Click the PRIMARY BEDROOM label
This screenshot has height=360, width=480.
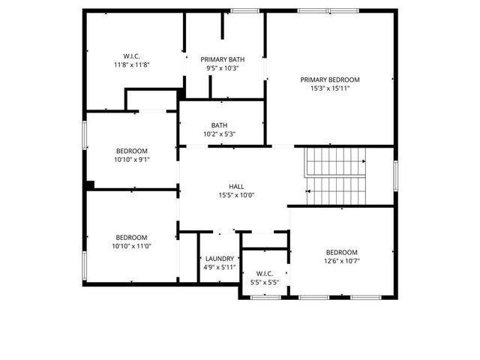[x=330, y=79]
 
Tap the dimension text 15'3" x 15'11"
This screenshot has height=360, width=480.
[x=330, y=88]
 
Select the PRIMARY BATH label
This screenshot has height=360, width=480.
[x=221, y=59]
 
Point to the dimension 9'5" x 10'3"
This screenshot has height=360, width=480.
[x=221, y=68]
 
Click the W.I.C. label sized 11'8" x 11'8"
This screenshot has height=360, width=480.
[x=132, y=55]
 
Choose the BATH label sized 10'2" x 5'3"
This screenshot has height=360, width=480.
[x=219, y=125]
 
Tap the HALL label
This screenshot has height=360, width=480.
[x=236, y=187]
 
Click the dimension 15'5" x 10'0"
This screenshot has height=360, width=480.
[x=236, y=196]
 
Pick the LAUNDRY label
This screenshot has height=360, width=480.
[x=220, y=259]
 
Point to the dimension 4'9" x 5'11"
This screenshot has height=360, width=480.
[x=220, y=268]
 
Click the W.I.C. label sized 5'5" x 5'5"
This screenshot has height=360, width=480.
[x=264, y=274]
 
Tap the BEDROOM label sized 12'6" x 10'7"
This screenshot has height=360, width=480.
[x=341, y=252]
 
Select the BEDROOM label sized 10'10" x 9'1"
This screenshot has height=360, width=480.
[x=132, y=150]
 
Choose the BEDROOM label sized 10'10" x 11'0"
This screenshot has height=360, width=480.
[x=132, y=237]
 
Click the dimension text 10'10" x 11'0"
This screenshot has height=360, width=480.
[x=132, y=246]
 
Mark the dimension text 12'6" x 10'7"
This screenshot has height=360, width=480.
[x=341, y=261]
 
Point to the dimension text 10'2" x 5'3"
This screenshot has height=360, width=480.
[x=219, y=134]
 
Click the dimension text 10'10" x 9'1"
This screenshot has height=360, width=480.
[x=132, y=159]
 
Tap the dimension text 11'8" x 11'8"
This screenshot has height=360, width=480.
[x=132, y=64]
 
